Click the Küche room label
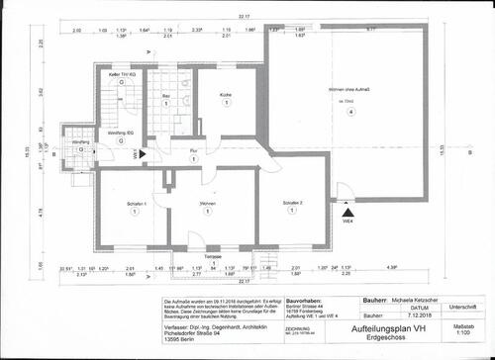coord(227,94)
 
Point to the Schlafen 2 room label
coord(292,204)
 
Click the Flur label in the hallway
coord(194,150)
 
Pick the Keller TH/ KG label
coord(122,76)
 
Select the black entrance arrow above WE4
coord(346,211)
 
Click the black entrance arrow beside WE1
coord(145,153)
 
